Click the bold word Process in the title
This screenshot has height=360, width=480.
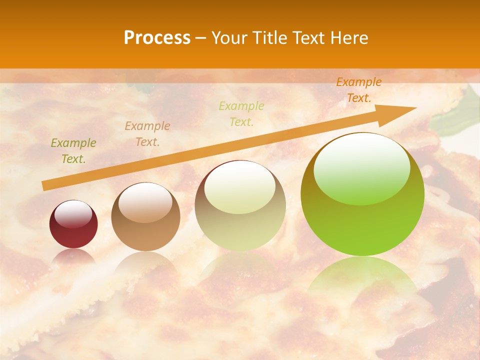pyautogui.click(x=157, y=38)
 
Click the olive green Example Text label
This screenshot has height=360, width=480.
pyautogui.click(x=73, y=151)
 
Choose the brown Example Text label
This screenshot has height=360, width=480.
pyautogui.click(x=147, y=134)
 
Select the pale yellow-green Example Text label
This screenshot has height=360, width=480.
pyautogui.click(x=241, y=114)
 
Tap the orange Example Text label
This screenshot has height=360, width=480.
pyautogui.click(x=359, y=90)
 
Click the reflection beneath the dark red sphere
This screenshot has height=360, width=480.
pyautogui.click(x=73, y=256)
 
